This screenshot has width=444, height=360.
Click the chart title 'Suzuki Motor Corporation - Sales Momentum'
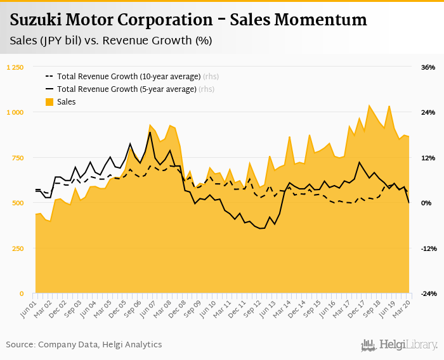tap(188, 20)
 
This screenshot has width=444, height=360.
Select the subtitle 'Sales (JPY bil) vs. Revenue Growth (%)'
tap(111, 41)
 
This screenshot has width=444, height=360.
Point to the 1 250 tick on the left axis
tap(15, 67)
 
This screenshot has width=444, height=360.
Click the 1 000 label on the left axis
tap(15, 112)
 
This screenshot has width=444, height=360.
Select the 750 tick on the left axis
tap(18, 158)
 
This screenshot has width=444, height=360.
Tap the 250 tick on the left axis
tap(18, 248)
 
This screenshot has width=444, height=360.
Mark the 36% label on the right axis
tap(428, 67)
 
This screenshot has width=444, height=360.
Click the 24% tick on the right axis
tap(428, 112)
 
